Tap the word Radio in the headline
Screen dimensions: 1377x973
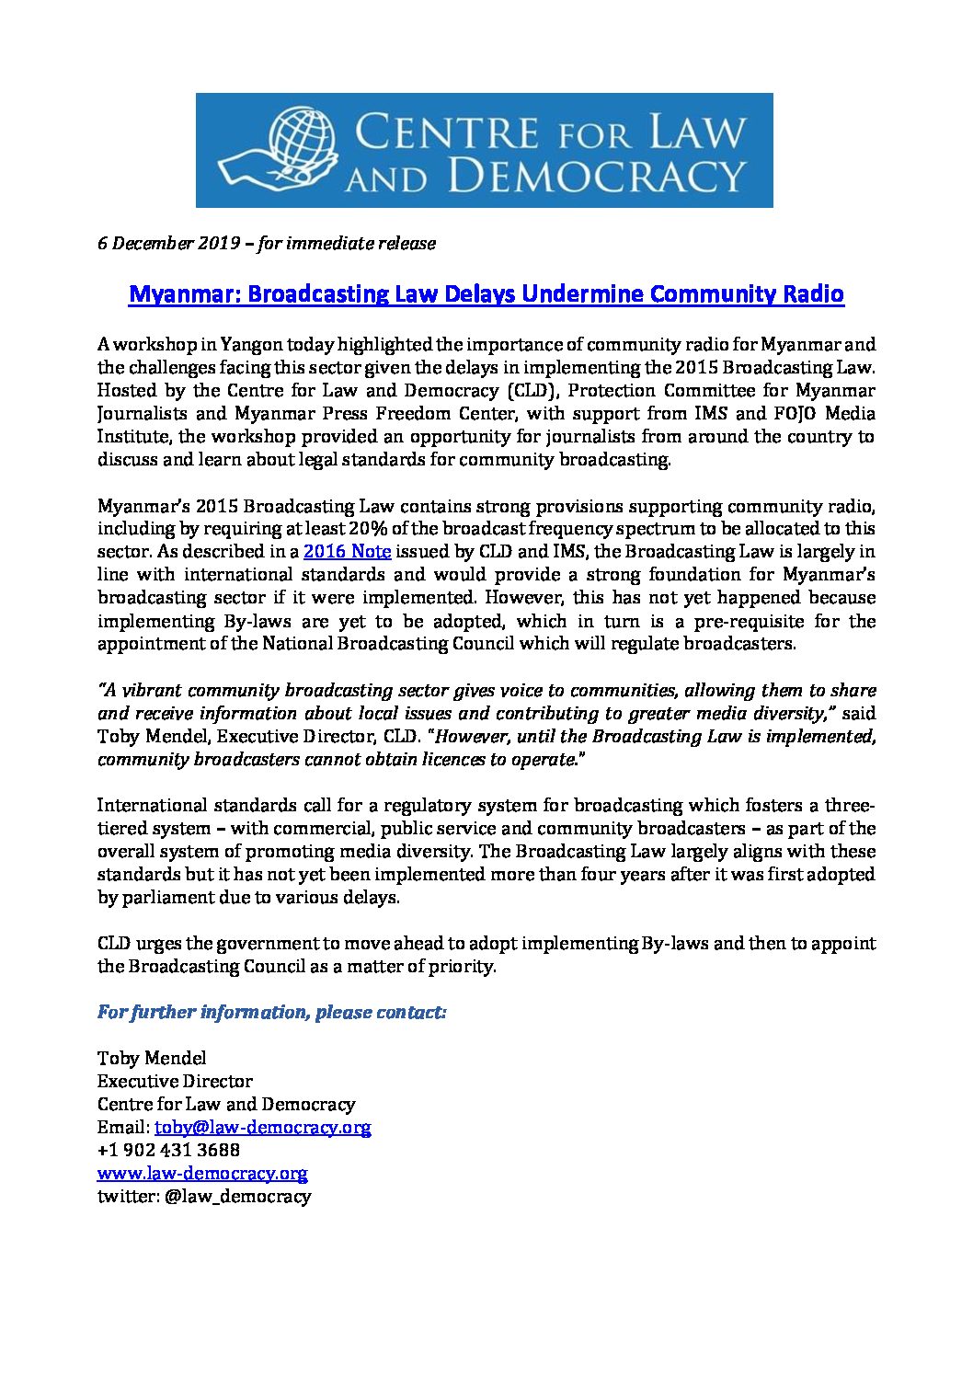point(813,294)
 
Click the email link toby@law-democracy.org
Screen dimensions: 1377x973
point(262,1127)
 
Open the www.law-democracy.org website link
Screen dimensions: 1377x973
point(202,1173)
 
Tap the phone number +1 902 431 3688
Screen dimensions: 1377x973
point(168,1150)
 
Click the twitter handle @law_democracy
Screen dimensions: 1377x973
point(236,1197)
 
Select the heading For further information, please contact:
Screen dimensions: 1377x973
point(272,1013)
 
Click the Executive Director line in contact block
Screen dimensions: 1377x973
point(175,1081)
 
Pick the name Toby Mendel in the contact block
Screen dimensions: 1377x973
point(152,1058)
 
